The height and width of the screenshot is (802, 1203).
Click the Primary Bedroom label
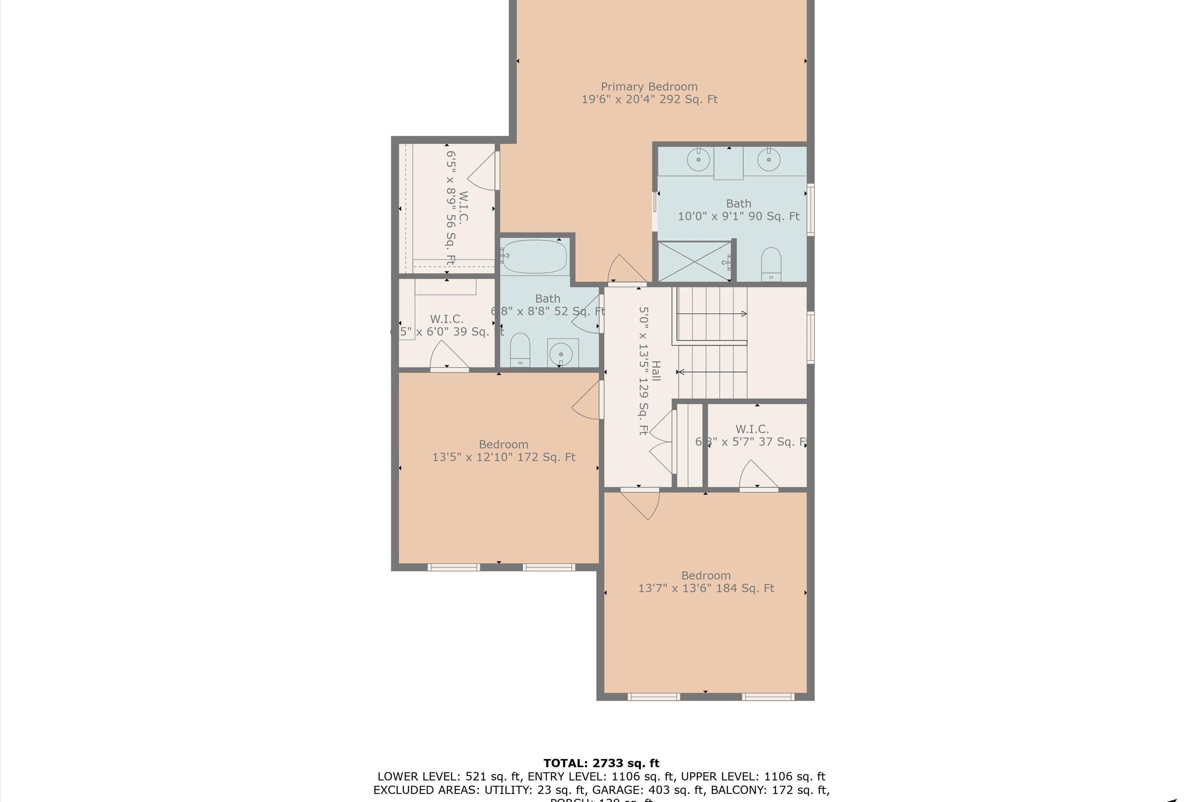click(649, 87)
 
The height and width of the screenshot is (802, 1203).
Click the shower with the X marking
click(694, 261)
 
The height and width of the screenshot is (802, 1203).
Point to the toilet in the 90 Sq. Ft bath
click(771, 264)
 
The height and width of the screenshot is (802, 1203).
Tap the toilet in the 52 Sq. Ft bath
click(520, 350)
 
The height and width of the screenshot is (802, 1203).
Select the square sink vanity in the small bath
click(563, 353)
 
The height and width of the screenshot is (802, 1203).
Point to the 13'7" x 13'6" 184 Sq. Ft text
click(706, 588)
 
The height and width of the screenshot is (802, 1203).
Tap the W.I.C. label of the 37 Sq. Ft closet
click(752, 429)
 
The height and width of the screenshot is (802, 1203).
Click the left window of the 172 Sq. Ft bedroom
click(453, 567)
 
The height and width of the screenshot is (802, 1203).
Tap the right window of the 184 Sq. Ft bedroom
click(768, 697)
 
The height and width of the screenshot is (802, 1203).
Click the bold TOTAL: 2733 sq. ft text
click(601, 764)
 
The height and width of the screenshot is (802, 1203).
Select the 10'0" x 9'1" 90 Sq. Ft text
click(738, 217)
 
